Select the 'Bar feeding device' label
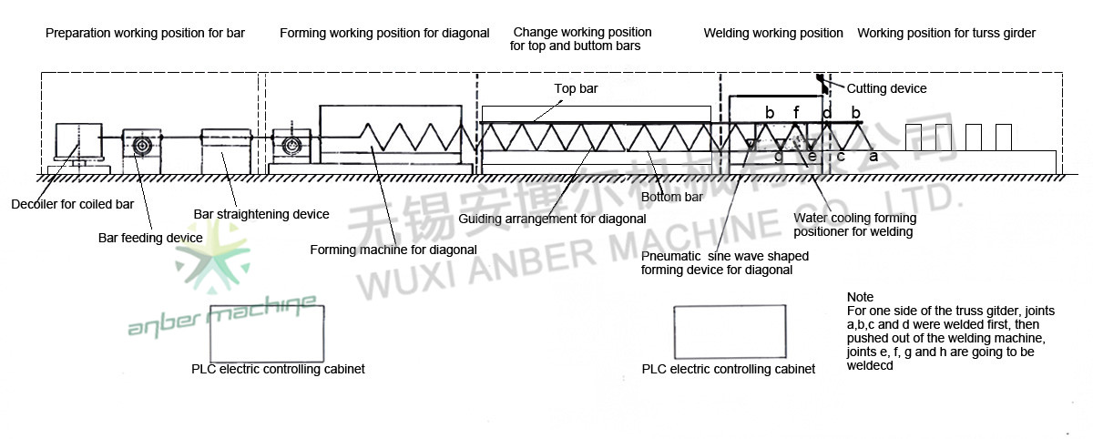point(150,238)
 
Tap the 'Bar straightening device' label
point(261,214)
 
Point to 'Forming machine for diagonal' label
point(393,249)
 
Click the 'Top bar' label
point(576,89)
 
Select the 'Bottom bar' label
point(672,197)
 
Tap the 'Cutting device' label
point(886,88)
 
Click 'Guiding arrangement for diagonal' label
point(552,219)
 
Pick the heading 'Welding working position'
point(773,34)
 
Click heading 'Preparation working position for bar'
point(145,34)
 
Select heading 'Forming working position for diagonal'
point(384,34)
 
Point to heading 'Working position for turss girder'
point(946,34)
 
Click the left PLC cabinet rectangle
point(268,333)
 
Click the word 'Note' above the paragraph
point(860,298)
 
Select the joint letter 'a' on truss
point(873,157)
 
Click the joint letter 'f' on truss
point(796,113)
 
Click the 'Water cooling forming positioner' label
point(854,225)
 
